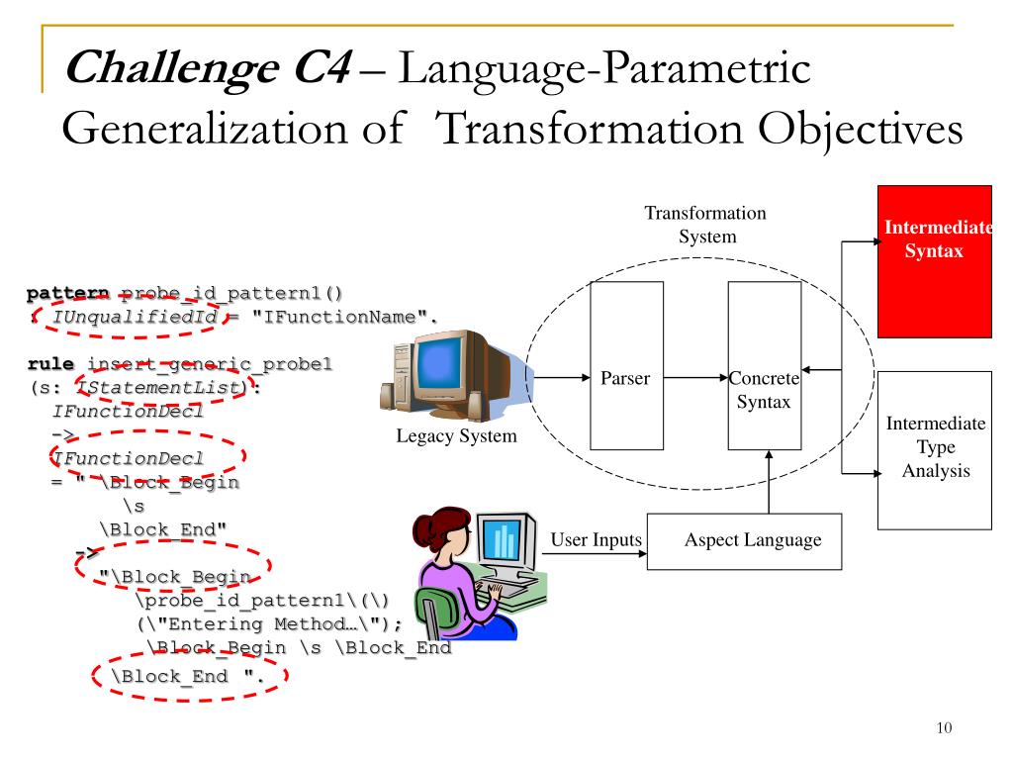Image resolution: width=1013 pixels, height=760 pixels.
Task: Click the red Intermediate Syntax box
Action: pos(936,261)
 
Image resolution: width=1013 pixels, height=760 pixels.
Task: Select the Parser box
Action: pos(625,365)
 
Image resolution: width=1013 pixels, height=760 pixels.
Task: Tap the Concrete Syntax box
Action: pos(764,365)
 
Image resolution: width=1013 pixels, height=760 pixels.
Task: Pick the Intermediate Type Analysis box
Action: pos(934,449)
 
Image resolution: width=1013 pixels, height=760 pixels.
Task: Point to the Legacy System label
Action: pos(456,436)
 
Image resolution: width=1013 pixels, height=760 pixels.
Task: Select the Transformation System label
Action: pos(705,225)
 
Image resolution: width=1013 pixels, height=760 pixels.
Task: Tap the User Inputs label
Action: pos(596,539)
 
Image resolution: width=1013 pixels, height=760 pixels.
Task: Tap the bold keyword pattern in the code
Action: pos(68,294)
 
